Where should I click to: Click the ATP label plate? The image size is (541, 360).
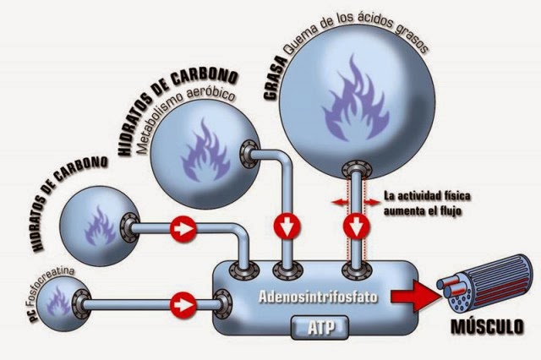point(320,326)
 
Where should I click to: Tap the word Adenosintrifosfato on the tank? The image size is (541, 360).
point(318,297)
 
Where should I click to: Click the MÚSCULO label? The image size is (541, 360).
point(487,326)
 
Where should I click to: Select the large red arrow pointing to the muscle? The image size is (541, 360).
point(415,296)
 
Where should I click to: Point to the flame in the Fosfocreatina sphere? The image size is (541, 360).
point(58,302)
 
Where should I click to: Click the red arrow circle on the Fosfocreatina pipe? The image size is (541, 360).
point(183,305)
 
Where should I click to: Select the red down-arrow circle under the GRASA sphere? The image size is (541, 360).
point(357,226)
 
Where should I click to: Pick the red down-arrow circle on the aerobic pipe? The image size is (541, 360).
point(287,226)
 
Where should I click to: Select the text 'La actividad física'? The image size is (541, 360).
point(427,196)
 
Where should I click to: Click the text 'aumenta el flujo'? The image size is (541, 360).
point(423,210)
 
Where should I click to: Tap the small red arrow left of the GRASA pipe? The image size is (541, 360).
point(340,202)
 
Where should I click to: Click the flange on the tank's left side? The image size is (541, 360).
point(223,304)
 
